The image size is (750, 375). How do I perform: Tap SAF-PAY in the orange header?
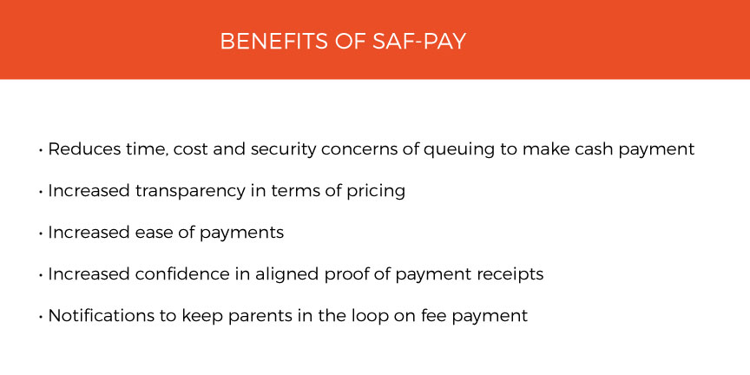coord(418,41)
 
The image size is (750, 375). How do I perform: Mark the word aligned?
coord(287,275)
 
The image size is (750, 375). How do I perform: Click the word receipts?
coord(510,275)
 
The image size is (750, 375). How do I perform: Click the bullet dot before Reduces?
coord(41,150)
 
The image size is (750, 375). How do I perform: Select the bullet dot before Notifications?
coord(41,317)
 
